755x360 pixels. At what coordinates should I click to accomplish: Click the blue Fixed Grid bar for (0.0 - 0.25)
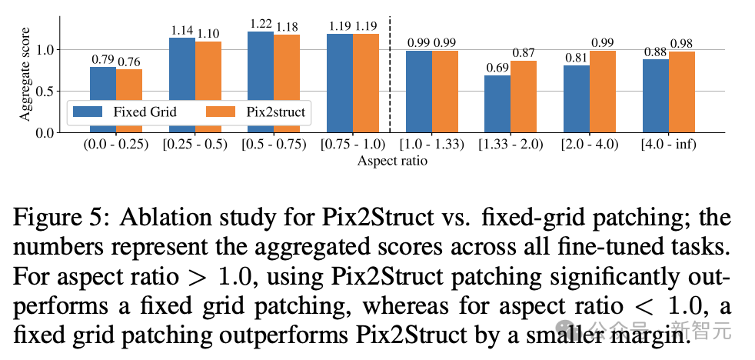[x=102, y=99]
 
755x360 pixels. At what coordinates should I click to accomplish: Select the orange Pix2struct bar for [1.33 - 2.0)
[x=524, y=96]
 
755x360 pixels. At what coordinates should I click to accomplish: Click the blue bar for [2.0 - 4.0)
[x=577, y=98]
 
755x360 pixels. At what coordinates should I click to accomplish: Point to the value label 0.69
[x=497, y=68]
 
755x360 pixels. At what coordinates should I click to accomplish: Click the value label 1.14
[x=181, y=31]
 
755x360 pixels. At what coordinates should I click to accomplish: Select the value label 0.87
[x=524, y=53]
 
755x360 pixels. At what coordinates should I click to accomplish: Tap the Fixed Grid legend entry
[x=125, y=112]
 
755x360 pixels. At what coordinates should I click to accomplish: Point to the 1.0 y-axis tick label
[x=47, y=50]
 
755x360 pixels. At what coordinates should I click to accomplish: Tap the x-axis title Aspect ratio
[x=392, y=162]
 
